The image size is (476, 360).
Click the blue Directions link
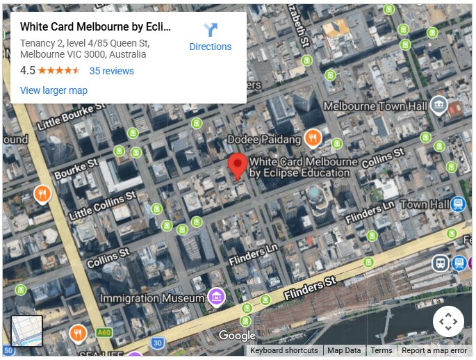tap(210, 38)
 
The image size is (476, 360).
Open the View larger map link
tap(54, 90)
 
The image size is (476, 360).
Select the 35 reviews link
tap(111, 71)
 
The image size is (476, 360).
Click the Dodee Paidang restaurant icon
tap(313, 138)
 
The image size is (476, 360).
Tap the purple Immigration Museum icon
tap(217, 297)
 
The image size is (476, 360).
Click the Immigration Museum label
tap(153, 298)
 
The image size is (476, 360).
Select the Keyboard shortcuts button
tap(284, 350)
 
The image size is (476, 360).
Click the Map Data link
tap(344, 350)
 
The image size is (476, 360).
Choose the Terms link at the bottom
tap(381, 350)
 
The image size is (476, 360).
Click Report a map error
tap(434, 350)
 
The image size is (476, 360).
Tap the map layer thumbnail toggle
tap(27, 331)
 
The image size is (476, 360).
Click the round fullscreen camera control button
tap(448, 321)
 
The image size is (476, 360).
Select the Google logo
tap(237, 336)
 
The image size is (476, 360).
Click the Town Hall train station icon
tap(457, 204)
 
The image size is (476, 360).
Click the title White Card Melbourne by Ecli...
tap(95, 27)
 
